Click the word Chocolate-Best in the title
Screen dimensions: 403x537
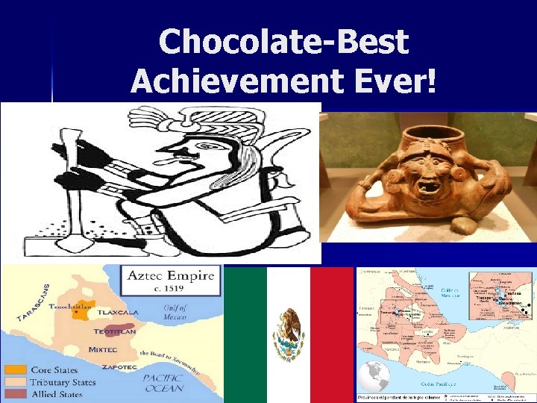283,42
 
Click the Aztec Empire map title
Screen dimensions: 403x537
172,275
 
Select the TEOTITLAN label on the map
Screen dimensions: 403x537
116,331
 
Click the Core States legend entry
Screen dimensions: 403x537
54,370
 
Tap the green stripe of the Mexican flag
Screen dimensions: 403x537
245,335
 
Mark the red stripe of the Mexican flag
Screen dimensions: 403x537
332,335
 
